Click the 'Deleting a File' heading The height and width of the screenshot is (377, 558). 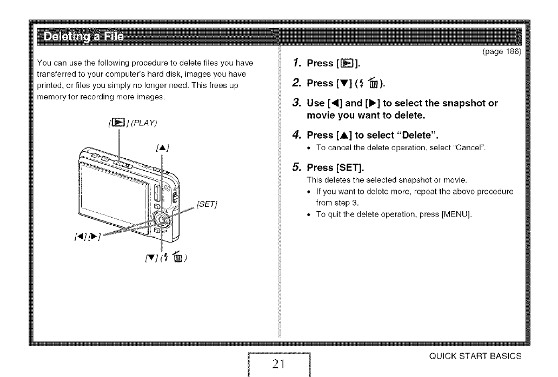84,37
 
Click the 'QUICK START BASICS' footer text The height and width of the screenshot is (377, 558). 483,356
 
